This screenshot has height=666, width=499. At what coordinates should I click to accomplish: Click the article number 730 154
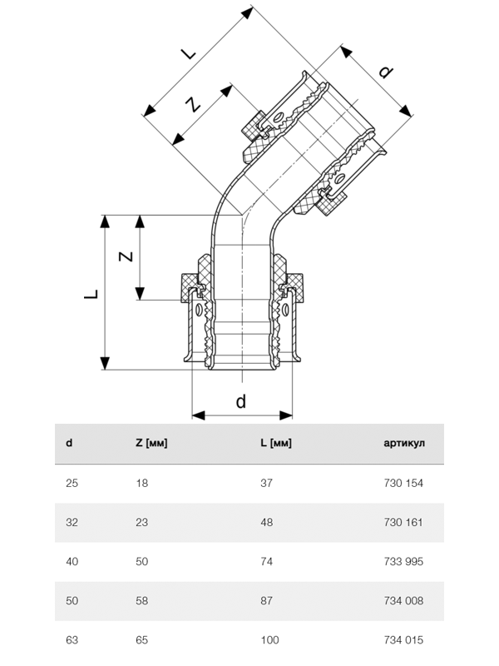point(403,483)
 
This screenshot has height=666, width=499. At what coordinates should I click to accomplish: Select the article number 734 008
point(403,601)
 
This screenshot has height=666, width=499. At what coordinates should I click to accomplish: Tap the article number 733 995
point(403,562)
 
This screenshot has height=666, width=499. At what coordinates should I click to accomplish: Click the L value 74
point(266,562)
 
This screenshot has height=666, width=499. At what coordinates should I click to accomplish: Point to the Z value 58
point(141,601)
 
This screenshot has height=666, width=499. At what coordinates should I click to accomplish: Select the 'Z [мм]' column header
point(151,443)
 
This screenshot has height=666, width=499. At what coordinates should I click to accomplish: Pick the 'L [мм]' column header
point(276,443)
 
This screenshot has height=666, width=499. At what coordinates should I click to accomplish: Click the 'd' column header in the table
point(69,443)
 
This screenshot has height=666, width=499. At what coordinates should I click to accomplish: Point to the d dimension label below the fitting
point(241,401)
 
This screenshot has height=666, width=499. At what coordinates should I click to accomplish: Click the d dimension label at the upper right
point(384,72)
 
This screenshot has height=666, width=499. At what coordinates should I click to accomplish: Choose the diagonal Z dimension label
point(192,105)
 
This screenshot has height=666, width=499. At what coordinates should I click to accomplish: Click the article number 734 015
point(403,640)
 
